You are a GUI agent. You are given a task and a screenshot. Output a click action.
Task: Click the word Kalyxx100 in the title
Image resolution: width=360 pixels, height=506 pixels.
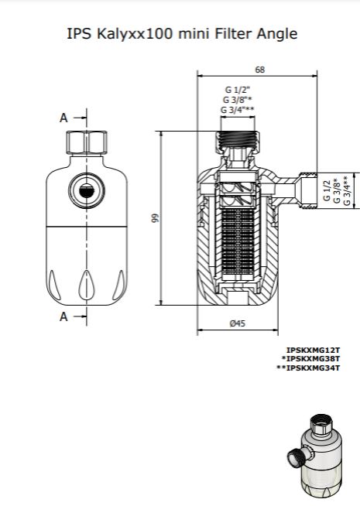pyautogui.click(x=135, y=33)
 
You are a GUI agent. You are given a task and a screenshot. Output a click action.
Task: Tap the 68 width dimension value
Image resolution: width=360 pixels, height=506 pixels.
pyautogui.click(x=260, y=70)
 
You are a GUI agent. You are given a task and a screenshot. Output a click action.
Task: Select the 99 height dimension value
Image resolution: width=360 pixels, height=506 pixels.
pyautogui.click(x=156, y=218)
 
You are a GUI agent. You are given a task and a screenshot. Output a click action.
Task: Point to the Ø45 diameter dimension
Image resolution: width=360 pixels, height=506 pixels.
pyautogui.click(x=238, y=323)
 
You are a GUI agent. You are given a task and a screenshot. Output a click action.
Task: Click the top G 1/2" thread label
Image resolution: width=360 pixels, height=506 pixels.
pyautogui.click(x=238, y=90)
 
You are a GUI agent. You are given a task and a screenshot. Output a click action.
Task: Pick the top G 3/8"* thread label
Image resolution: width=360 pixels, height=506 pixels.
pyautogui.click(x=238, y=99)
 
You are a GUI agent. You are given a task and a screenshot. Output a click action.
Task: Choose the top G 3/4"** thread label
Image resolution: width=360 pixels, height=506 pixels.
pyautogui.click(x=238, y=109)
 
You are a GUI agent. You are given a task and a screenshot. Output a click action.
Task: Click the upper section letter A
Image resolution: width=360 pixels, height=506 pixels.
pyautogui.click(x=64, y=118)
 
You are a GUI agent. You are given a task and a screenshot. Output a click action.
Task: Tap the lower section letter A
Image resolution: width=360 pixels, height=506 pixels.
pyautogui.click(x=64, y=316)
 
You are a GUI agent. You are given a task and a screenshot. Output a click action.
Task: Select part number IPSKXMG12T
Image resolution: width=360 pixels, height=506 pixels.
pyautogui.click(x=313, y=350)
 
